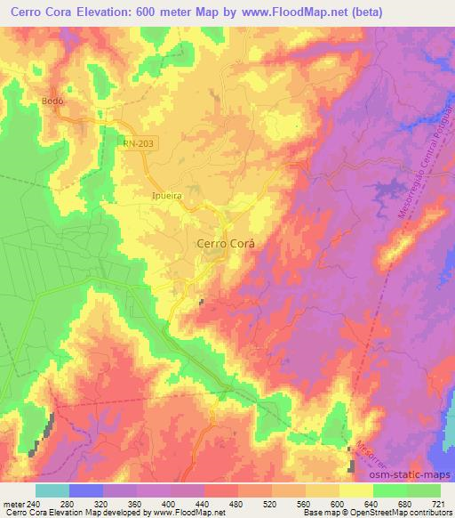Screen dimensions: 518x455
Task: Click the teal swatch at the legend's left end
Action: [52, 491]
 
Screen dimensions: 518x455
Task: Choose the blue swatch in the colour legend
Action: [85, 491]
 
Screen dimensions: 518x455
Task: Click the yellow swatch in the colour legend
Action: [356, 491]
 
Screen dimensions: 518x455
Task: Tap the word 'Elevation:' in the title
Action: [130, 12]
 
